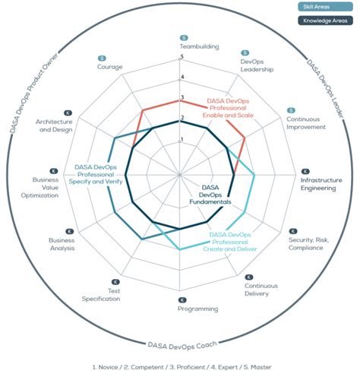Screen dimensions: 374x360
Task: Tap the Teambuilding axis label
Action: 182,46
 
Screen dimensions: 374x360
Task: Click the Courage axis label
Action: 110,67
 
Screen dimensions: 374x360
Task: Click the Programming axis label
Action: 182,309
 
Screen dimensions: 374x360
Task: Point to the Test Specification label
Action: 102,295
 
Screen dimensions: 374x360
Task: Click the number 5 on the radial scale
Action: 182,62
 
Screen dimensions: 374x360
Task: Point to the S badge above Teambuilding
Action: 183,37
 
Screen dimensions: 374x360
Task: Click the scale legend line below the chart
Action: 180,366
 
